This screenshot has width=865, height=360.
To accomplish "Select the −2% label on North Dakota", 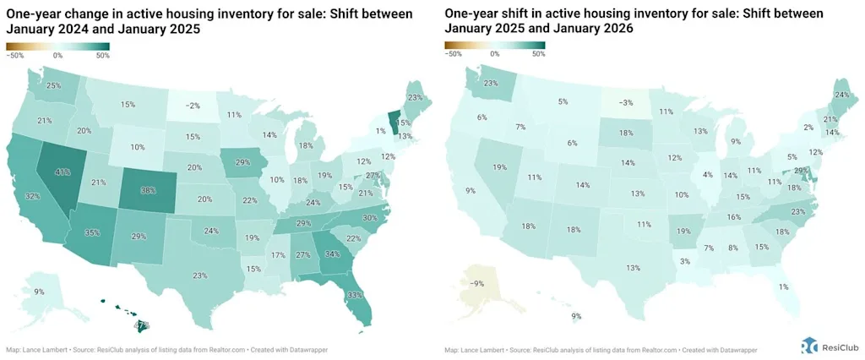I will point(193,106).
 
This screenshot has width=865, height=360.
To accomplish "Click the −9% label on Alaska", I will point(477,284).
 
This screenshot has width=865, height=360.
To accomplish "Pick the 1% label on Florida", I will point(784,286).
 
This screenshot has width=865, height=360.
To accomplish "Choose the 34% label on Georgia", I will point(333,254).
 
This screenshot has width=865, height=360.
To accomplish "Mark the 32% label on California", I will point(32,196).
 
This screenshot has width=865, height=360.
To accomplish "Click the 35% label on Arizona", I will point(92,232).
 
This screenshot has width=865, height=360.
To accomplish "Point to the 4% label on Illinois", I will point(707,176).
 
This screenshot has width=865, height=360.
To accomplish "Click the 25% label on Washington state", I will point(53,85).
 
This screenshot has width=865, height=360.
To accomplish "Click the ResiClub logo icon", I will point(809,345).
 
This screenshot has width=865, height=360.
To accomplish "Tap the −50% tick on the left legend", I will point(14,56).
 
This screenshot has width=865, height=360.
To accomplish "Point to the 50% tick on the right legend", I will point(537,53).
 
